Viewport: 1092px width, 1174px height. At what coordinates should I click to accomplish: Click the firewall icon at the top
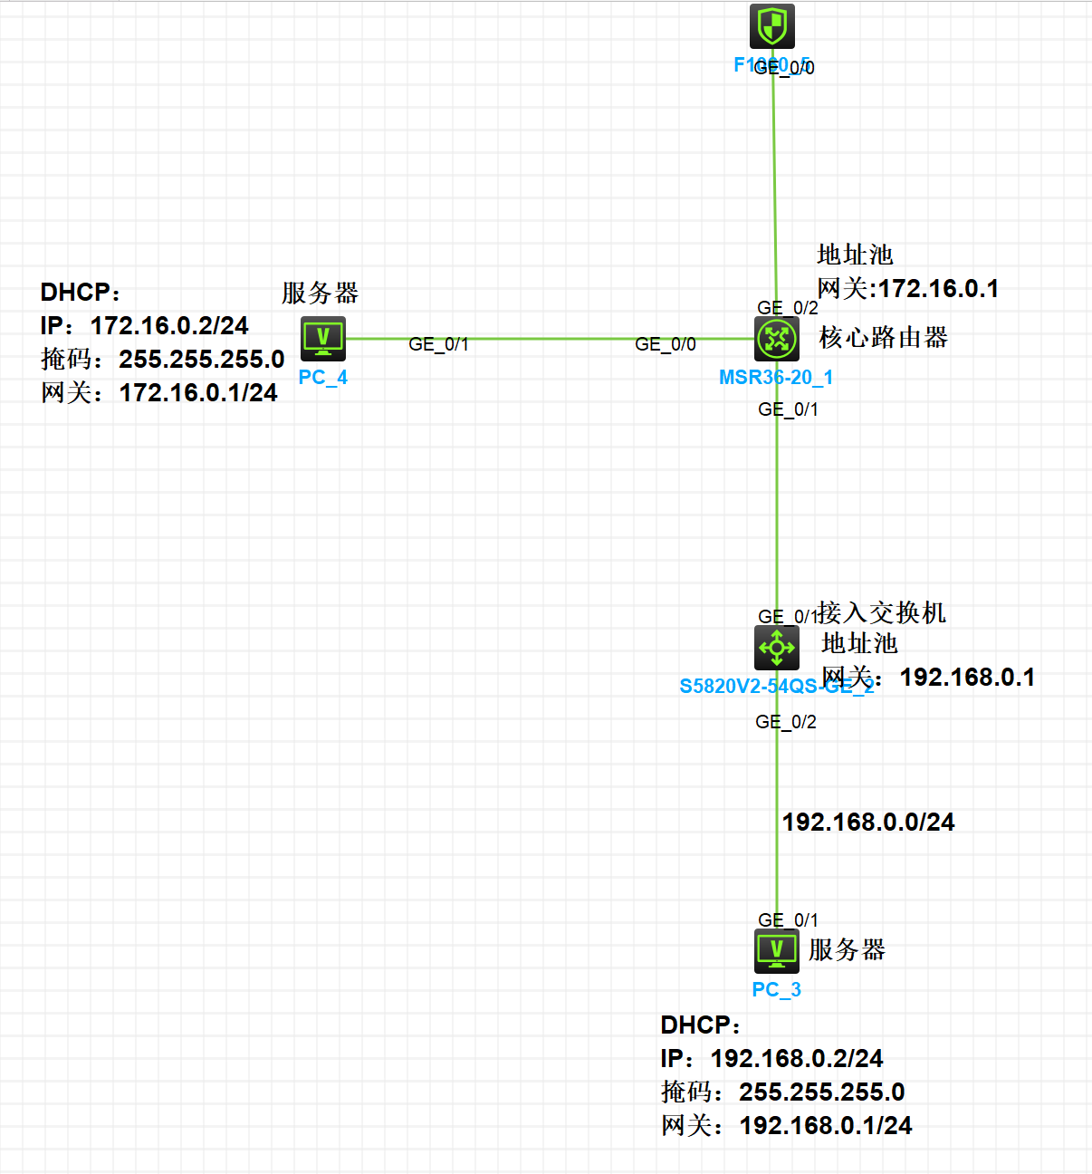(771, 25)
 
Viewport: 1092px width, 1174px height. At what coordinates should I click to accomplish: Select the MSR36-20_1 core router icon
(777, 339)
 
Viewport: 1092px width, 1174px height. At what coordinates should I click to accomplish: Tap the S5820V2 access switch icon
(777, 647)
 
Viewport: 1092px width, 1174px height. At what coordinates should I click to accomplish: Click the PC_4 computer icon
(323, 339)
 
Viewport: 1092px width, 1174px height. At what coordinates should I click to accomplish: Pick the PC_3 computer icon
(777, 950)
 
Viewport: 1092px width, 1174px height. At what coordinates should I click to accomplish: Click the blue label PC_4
(323, 378)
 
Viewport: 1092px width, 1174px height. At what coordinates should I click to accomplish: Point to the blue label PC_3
(777, 990)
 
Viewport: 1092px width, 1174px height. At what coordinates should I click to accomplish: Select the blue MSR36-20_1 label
(776, 378)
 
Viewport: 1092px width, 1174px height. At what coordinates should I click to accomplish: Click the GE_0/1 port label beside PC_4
(439, 344)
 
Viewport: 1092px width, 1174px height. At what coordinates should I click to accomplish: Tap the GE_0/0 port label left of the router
(666, 344)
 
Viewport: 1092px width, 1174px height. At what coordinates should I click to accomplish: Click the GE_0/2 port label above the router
(788, 308)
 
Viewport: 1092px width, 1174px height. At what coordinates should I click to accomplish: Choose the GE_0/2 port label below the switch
(786, 722)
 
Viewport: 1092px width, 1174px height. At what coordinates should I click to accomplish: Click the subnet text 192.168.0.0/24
(868, 823)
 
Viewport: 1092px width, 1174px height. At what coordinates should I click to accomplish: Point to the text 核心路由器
(884, 338)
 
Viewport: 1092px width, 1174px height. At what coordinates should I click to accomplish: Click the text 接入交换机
(882, 613)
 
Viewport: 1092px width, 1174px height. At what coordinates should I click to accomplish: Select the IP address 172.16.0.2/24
(169, 326)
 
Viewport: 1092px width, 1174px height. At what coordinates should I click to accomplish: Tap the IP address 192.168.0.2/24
(797, 1059)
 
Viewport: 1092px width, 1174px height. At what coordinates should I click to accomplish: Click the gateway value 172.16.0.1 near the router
(939, 289)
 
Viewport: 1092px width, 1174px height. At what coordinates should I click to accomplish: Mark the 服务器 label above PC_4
(321, 293)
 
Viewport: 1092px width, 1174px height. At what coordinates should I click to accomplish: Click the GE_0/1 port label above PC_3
(788, 920)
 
